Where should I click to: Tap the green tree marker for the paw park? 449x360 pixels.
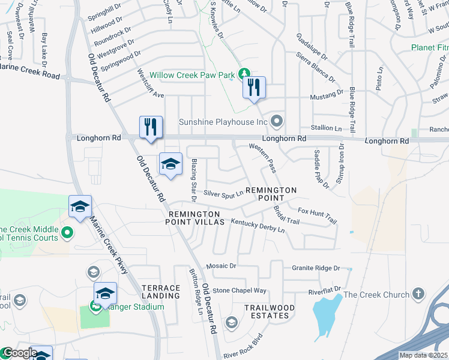244,74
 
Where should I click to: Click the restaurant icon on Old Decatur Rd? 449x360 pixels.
151,127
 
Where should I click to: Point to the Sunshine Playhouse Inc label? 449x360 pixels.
223,122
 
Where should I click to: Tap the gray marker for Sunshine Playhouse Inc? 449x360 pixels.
276,121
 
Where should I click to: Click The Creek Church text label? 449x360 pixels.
376,295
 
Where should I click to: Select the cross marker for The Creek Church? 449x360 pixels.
418,294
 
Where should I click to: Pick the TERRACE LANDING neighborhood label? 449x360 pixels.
161,292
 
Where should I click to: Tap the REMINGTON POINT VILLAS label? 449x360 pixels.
196,218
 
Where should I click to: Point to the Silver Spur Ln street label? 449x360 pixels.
223,193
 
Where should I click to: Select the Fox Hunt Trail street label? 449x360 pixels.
317,215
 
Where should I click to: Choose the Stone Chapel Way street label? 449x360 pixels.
240,290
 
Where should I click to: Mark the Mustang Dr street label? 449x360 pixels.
326,94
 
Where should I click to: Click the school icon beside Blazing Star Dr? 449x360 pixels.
170,164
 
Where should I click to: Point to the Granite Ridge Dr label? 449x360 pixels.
316,268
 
